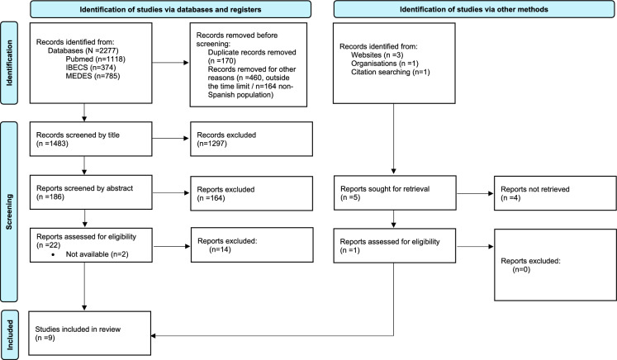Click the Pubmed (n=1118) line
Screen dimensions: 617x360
tap(95, 59)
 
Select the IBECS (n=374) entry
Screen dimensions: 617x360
tap(91, 68)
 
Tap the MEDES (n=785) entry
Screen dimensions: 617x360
tap(93, 76)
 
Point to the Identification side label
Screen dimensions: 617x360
tap(9, 63)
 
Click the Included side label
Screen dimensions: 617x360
tap(9, 335)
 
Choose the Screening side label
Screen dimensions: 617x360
tap(9, 211)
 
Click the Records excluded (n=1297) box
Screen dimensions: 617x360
tap(251, 139)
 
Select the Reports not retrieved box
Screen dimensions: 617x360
tap(555, 193)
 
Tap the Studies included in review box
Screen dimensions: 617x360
tap(90, 334)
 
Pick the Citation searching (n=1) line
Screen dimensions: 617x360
tap(391, 72)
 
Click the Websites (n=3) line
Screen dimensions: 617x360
tap(377, 55)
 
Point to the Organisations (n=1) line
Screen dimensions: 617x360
tap(384, 64)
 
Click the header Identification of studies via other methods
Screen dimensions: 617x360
tap(474, 9)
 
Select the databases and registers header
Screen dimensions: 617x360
tap(170, 9)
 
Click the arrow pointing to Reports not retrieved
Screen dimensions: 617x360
tap(475, 193)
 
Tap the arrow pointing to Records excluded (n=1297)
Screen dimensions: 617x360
tap(171, 139)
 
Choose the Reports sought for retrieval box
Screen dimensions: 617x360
tap(395, 193)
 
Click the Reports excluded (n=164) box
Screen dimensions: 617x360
tap(251, 193)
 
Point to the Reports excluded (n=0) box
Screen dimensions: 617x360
tap(555, 265)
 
